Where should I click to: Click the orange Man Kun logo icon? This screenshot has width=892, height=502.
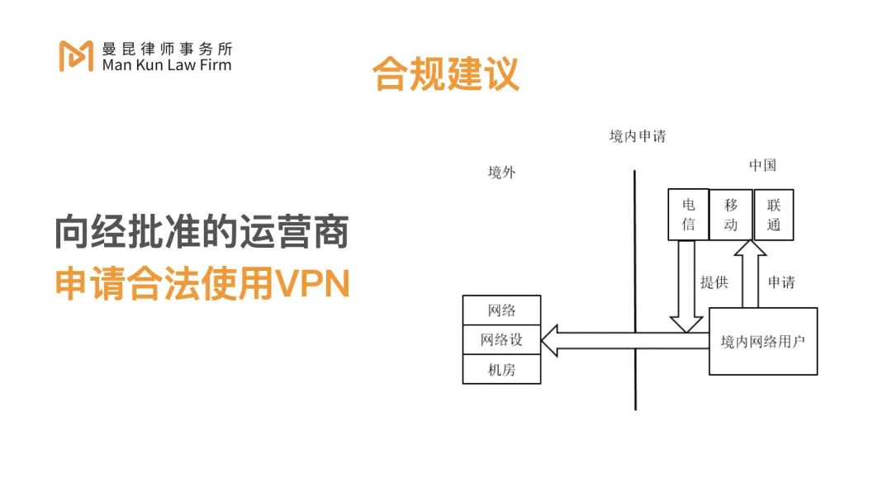76,54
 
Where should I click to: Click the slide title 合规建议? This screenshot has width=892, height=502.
446,74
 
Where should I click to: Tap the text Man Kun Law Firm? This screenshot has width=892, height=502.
167,64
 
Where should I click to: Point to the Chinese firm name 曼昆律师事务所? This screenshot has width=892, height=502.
167,48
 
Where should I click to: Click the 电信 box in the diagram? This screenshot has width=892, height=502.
688,215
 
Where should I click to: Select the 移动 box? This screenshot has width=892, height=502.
731,215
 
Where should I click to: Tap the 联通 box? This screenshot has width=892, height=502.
774,215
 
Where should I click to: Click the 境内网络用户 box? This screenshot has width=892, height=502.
763,341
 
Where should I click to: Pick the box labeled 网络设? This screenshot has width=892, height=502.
502,339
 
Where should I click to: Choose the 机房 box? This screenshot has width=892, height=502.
502,369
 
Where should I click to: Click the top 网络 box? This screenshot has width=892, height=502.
502,310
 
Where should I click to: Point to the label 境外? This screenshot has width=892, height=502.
502,173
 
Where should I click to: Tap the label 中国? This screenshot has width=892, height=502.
762,165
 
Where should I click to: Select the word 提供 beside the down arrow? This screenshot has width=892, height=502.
714,282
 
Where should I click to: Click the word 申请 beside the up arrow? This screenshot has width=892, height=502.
781,282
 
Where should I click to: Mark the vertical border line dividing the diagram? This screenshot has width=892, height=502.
635,289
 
